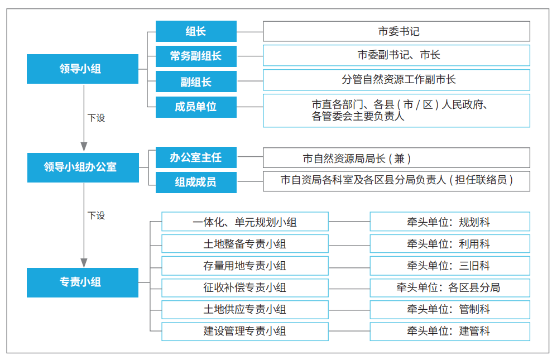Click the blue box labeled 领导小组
coord(83,69)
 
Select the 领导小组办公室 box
coord(83,168)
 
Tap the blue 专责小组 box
coord(83,282)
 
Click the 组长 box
coord(196,31)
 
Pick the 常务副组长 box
coord(196,56)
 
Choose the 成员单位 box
coord(196,107)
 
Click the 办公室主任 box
coord(196,157)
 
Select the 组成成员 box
coord(196,183)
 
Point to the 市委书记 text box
coord(396,31)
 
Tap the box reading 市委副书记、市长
coord(396,55)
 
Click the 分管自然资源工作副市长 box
coord(396,80)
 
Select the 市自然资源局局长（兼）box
coord(396,158)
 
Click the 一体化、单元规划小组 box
coord(245,222)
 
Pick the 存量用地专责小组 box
coord(245,266)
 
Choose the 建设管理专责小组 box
coord(245,332)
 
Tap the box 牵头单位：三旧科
coord(450,266)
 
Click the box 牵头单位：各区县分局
coord(450,288)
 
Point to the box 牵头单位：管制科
coord(450,310)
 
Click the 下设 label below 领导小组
coord(96,118)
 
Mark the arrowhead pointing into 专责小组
coord(84,263)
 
